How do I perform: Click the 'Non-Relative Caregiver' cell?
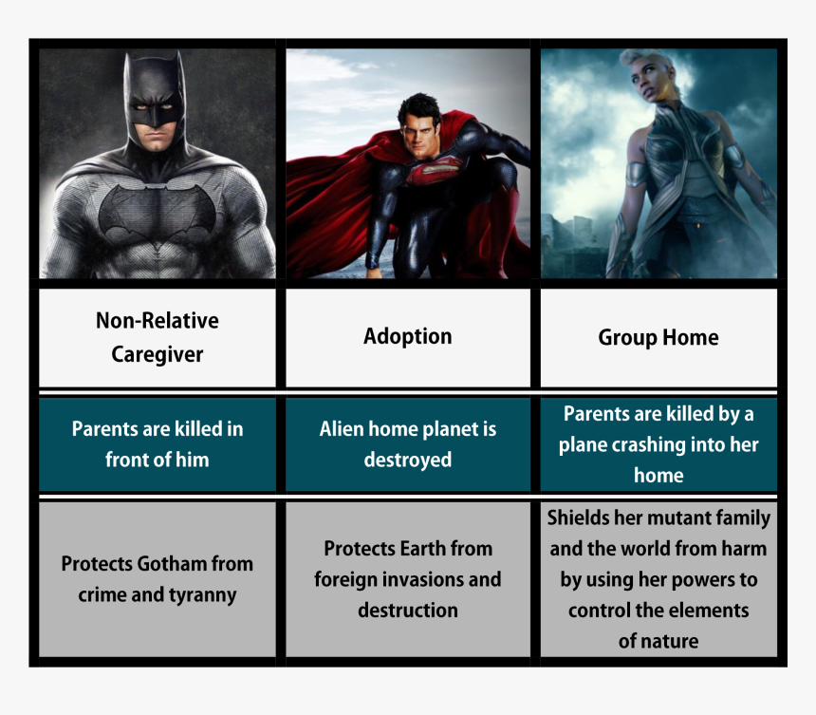coord(158,337)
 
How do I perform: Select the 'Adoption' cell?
coord(408,337)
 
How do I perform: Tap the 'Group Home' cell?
coord(658,337)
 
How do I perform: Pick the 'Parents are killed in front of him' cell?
coord(158,444)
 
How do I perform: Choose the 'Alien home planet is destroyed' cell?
coord(408,444)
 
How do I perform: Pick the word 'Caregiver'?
coord(158,354)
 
